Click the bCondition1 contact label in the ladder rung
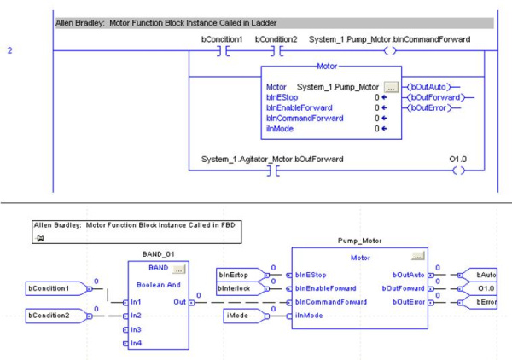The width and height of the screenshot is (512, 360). [x=222, y=39]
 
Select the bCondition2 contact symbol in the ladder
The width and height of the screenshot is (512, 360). [x=275, y=51]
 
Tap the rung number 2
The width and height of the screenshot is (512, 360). [x=10, y=51]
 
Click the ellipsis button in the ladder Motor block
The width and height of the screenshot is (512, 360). [x=391, y=87]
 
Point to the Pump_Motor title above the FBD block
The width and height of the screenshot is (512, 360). [x=361, y=241]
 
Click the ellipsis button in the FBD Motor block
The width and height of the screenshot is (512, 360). [x=417, y=255]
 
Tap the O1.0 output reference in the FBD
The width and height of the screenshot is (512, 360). [x=482, y=288]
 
